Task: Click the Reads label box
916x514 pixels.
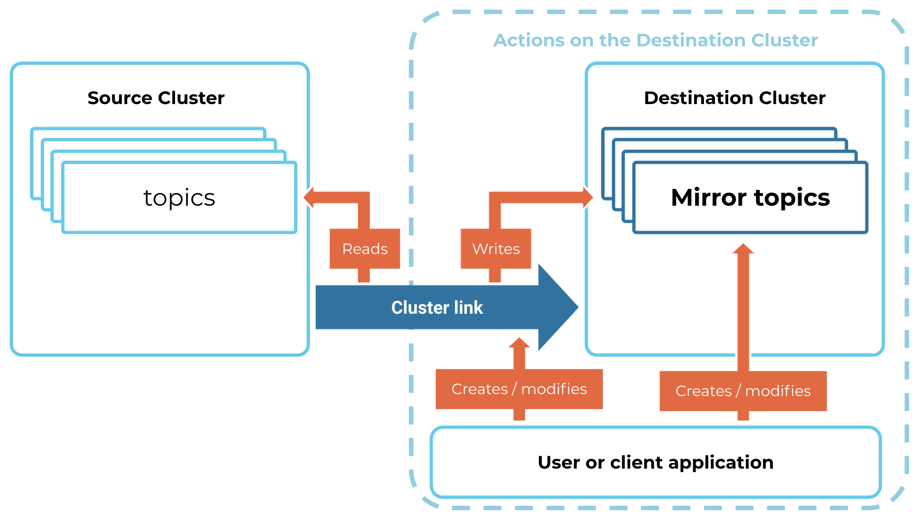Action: point(365,249)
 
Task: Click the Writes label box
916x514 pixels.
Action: point(496,249)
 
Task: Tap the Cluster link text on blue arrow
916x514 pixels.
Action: point(437,307)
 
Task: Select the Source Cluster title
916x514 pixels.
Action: point(156,98)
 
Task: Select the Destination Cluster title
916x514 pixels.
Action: point(735,98)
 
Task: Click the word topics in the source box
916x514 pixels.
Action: point(179,198)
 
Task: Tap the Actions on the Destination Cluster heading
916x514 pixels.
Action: point(656,40)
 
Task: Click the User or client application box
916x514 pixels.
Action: point(656,462)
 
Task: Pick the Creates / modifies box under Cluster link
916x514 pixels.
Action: point(519,389)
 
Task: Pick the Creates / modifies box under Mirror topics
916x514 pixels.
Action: point(743,391)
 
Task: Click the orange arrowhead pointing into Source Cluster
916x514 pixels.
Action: point(309,197)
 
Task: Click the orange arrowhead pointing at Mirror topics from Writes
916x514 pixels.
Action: point(588,197)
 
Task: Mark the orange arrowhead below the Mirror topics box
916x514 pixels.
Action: point(743,249)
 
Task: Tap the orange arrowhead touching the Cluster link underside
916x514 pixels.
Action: point(519,343)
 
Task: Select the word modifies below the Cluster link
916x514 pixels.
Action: point(554,389)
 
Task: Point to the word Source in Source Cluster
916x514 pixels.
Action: point(120,98)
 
